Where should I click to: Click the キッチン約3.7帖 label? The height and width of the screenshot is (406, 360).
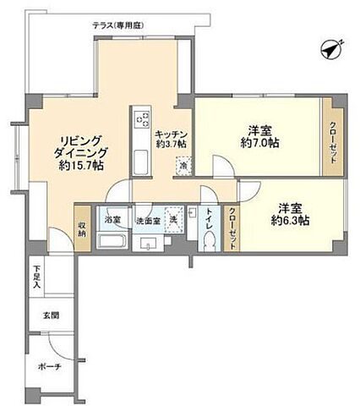click(176, 138)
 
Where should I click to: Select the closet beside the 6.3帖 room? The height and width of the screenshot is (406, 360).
click(232, 227)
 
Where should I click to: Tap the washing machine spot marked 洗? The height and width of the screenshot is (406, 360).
click(174, 222)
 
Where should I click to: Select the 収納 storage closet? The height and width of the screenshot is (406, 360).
click(82, 229)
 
